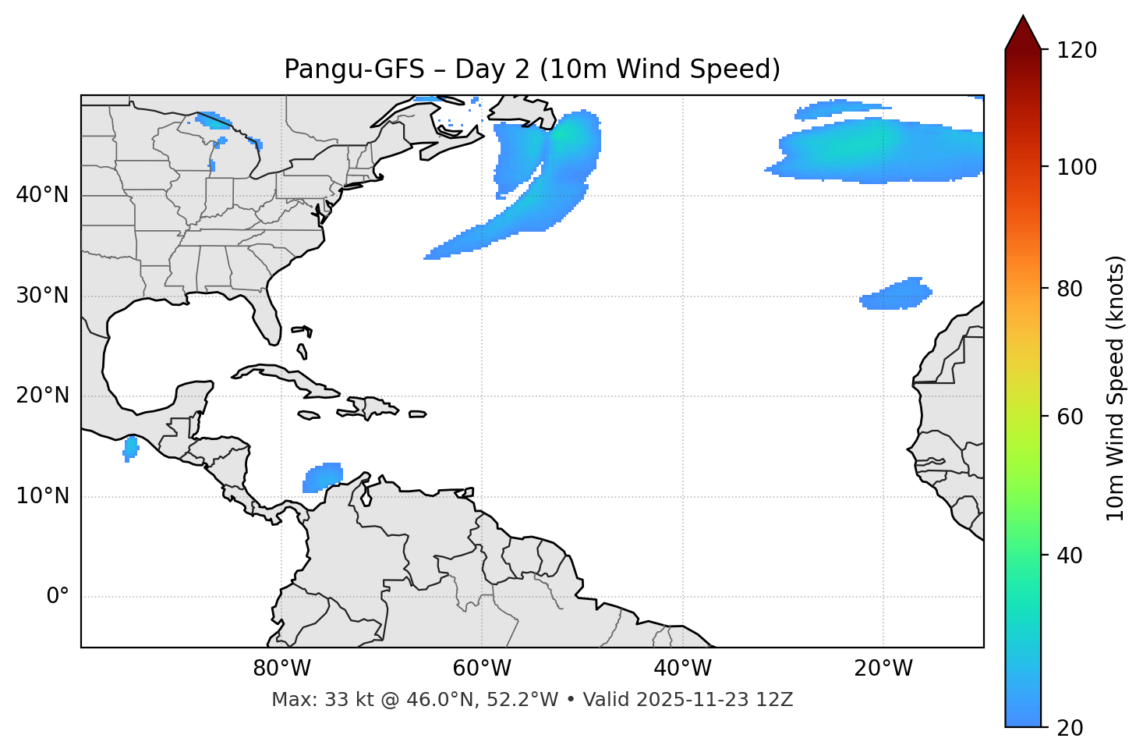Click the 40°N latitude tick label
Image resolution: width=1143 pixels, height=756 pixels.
42,195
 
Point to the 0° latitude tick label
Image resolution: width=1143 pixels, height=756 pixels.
58,597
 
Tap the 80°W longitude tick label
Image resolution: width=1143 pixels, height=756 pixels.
281,669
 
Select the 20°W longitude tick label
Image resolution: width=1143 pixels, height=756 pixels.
883,669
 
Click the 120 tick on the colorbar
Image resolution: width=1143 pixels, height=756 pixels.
1076,51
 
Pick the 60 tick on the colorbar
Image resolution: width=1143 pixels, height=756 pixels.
1070,417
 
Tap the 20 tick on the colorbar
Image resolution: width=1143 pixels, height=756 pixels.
1070,728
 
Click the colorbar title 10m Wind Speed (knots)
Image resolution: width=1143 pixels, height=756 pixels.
1116,388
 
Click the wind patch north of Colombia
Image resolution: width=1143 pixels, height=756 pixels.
323,477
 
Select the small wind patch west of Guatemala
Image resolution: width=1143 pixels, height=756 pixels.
130,448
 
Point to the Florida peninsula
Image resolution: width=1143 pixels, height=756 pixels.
267,312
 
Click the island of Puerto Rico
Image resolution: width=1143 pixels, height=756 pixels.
418,414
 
